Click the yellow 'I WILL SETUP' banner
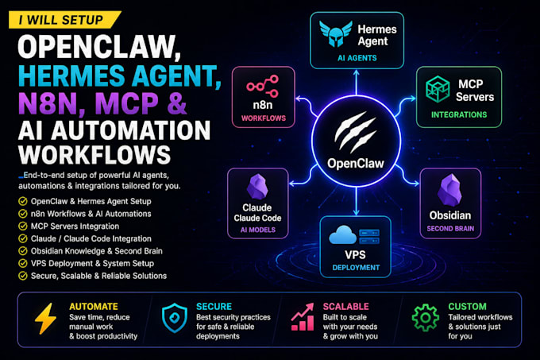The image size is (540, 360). pyautogui.click(x=65, y=20)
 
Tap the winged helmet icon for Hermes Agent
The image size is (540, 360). pyautogui.click(x=335, y=33)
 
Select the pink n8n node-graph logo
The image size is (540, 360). pyautogui.click(x=262, y=86)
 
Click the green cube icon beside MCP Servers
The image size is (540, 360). pyautogui.click(x=438, y=89)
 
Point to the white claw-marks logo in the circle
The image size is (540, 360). pyautogui.click(x=355, y=132)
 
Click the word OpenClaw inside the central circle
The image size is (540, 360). pyautogui.click(x=356, y=163)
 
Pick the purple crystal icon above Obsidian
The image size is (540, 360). pyautogui.click(x=449, y=190)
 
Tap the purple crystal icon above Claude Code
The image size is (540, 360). pyautogui.click(x=257, y=187)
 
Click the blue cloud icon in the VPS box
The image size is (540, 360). pyautogui.click(x=342, y=235)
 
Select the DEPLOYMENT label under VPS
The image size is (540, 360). pyautogui.click(x=356, y=268)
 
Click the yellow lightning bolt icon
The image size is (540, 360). pyautogui.click(x=45, y=319)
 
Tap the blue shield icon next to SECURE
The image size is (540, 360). pyautogui.click(x=175, y=318)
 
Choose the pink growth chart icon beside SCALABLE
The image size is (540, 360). pyautogui.click(x=303, y=317)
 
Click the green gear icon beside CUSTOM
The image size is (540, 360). pyautogui.click(x=426, y=318)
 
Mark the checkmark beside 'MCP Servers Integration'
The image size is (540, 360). pyautogui.click(x=23, y=226)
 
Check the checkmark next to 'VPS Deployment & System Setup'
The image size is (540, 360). pyautogui.click(x=23, y=263)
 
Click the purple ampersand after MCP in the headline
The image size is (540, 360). pyautogui.click(x=177, y=103)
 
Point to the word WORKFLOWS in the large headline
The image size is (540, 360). pyautogui.click(x=94, y=155)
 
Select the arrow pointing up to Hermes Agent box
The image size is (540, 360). pyautogui.click(x=356, y=83)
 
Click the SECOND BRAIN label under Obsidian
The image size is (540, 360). pyautogui.click(x=450, y=228)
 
